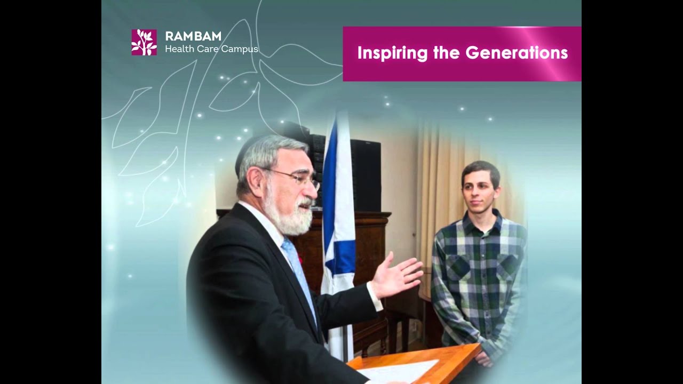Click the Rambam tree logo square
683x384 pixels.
[144, 42]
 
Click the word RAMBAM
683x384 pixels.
[193, 36]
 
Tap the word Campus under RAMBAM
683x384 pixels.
[240, 49]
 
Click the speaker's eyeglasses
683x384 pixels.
[299, 179]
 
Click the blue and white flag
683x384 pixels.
[339, 213]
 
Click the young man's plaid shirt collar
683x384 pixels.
[483, 219]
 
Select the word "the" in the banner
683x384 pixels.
[447, 53]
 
